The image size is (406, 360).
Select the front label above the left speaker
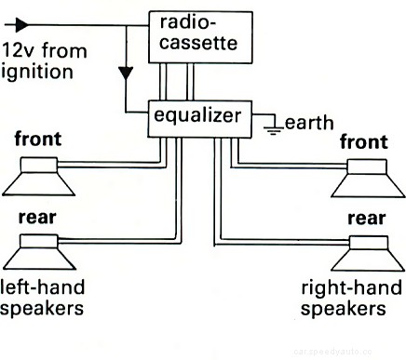pos(39,140)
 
